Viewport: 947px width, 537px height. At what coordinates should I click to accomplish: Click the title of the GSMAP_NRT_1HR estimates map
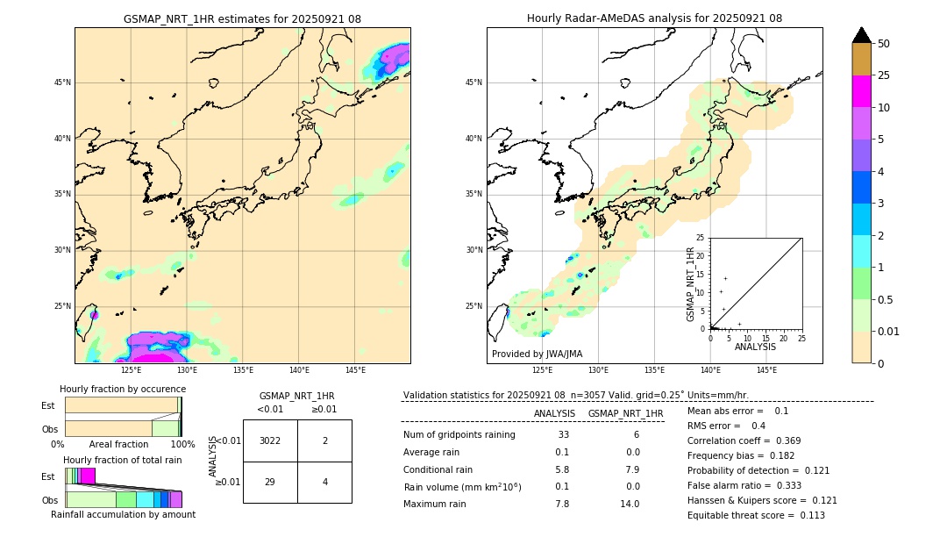[x=242, y=18]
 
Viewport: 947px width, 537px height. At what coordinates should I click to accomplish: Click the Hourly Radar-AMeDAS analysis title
[x=654, y=18]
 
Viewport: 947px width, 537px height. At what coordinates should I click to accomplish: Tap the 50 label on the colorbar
[x=884, y=44]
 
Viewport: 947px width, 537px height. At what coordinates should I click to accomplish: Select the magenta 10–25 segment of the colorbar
[x=861, y=91]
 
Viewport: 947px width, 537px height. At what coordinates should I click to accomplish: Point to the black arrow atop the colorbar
[x=861, y=35]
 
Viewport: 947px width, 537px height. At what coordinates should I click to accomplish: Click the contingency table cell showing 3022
[x=270, y=440]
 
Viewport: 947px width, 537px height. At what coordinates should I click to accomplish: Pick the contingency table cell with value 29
[x=270, y=482]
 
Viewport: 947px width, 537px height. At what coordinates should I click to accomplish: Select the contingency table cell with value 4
[x=324, y=482]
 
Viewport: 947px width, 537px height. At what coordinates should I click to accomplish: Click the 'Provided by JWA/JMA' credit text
[x=537, y=354]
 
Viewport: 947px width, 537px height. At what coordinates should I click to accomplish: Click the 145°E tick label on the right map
[x=766, y=370]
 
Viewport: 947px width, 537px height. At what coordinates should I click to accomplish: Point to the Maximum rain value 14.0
[x=630, y=504]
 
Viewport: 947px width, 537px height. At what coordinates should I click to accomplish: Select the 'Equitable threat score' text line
[x=756, y=515]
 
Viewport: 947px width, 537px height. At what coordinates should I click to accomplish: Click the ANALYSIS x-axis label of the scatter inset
[x=755, y=347]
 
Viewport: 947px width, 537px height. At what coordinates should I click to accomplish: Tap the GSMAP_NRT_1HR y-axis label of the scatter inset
[x=690, y=283]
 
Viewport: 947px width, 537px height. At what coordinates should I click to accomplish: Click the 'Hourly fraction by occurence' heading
[x=123, y=389]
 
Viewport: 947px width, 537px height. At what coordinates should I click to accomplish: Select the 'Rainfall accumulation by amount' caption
[x=123, y=514]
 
